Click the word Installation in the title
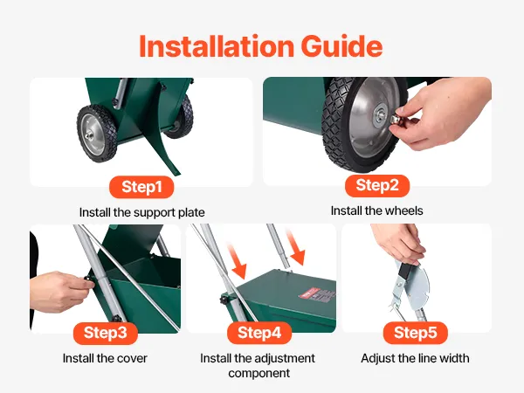217,45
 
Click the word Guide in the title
341,45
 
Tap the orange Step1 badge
141,187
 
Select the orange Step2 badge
377,185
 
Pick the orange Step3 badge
106,333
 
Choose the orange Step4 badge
259,333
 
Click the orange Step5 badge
416,333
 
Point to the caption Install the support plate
142,212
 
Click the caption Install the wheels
377,210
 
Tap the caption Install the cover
105,358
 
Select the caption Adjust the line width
415,358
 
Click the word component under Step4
259,373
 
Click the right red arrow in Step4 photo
295,247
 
